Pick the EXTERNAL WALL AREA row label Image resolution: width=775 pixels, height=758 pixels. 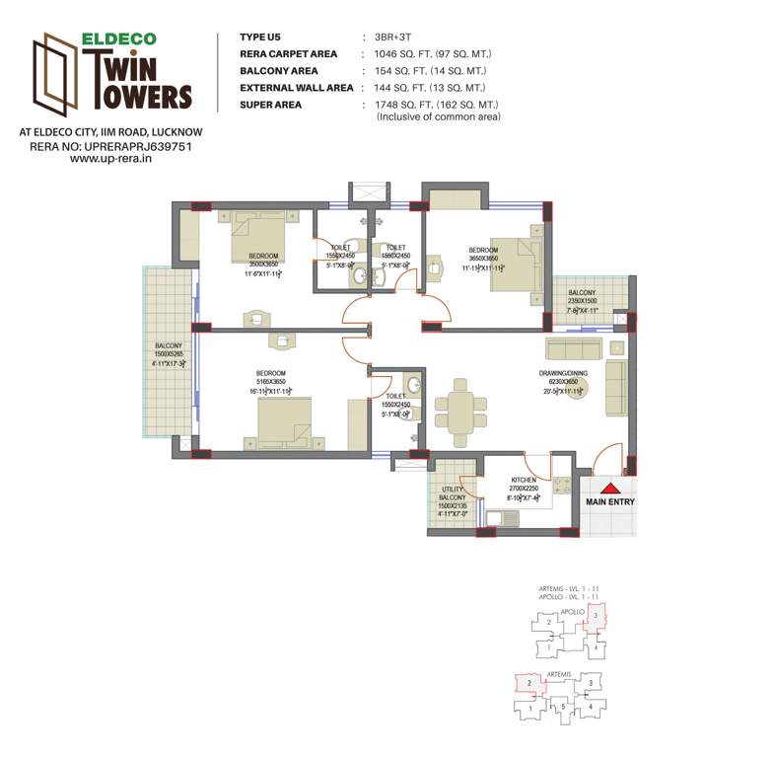pyautogui.click(x=297, y=88)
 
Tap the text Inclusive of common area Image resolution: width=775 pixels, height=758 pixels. pyautogui.click(x=439, y=117)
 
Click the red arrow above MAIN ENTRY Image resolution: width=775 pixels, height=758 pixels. pyautogui.click(x=609, y=488)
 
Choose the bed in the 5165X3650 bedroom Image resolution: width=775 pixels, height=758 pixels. pyautogui.click(x=286, y=421)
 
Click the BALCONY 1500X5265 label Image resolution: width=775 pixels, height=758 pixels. pyautogui.click(x=168, y=352)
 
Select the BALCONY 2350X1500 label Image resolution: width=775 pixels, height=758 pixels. pyautogui.click(x=582, y=300)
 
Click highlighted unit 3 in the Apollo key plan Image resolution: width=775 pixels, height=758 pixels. pyautogui.click(x=596, y=616)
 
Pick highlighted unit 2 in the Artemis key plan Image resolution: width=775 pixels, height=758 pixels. pyautogui.click(x=529, y=682)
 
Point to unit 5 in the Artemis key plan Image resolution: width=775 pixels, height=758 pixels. pyautogui.click(x=561, y=705)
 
